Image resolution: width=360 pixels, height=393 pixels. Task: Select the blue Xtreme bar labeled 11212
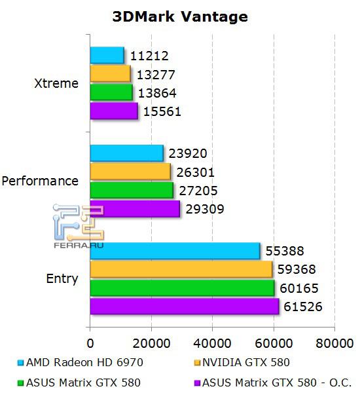coord(107,55)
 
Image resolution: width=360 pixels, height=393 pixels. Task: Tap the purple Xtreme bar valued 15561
coord(113,111)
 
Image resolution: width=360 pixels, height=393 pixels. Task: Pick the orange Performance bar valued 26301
coord(130,172)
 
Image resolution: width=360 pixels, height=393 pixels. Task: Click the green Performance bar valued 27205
coord(131,190)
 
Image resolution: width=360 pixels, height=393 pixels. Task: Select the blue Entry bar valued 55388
coord(174,251)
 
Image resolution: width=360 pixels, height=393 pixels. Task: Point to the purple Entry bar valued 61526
coord(184,307)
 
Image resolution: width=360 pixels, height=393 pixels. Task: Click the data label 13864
coord(160,93)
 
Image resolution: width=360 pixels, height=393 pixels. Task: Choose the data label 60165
coord(298,288)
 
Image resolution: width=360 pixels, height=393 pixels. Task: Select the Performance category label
coord(41,181)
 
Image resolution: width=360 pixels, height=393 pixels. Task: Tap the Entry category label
coord(62,278)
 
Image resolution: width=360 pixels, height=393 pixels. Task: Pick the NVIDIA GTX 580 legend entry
coord(246,362)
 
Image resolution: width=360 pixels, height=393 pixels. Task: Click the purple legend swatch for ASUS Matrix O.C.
coord(197,383)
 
